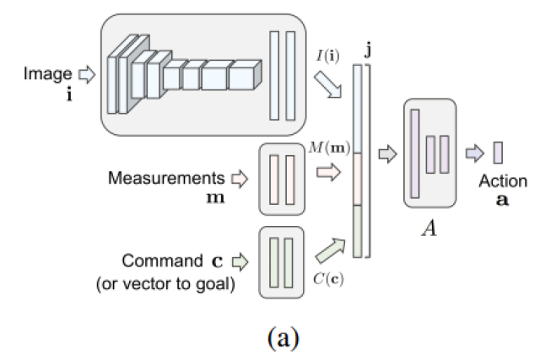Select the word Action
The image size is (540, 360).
[503, 180]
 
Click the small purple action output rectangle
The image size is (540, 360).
[498, 153]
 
